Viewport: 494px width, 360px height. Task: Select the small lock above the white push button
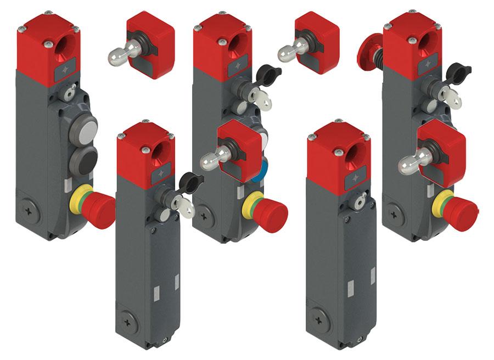click(x=68, y=95)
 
